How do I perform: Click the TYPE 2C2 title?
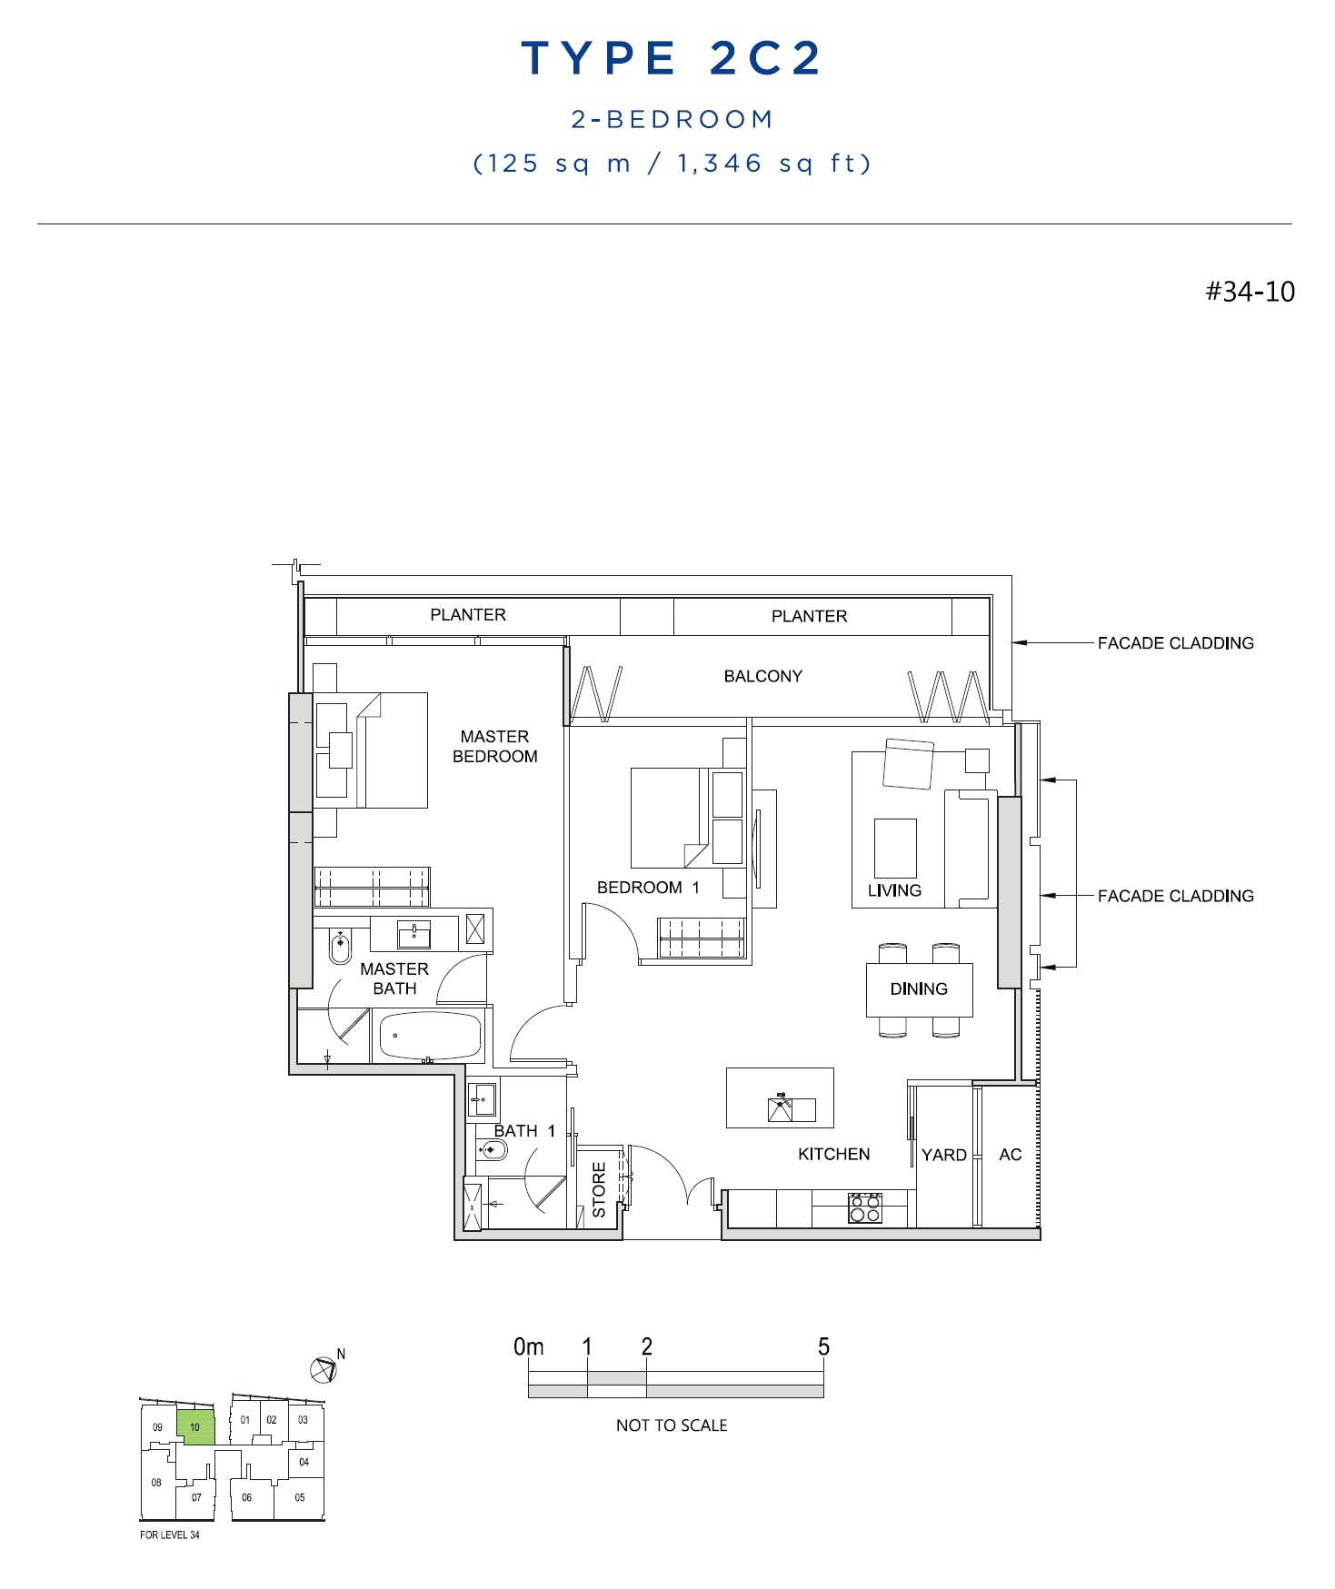(x=672, y=58)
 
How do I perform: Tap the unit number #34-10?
(x=1250, y=292)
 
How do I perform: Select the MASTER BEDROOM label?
(x=494, y=746)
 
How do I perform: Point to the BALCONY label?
(x=763, y=676)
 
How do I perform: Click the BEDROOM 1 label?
(x=648, y=888)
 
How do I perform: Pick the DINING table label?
(x=919, y=988)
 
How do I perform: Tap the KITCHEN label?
(x=834, y=1154)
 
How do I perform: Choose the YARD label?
(x=944, y=1155)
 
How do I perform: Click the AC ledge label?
(x=1011, y=1155)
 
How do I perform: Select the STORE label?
(x=599, y=1189)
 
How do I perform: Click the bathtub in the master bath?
(x=430, y=1037)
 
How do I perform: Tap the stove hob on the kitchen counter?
(x=864, y=1208)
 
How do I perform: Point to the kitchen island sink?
(x=781, y=1108)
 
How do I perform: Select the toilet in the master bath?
(x=340, y=947)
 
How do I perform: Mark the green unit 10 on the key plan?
(x=195, y=1427)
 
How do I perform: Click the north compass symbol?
(x=324, y=1368)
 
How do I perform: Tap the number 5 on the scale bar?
(x=823, y=1346)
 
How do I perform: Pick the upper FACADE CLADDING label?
(x=1175, y=643)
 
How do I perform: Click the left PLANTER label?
(x=468, y=615)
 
